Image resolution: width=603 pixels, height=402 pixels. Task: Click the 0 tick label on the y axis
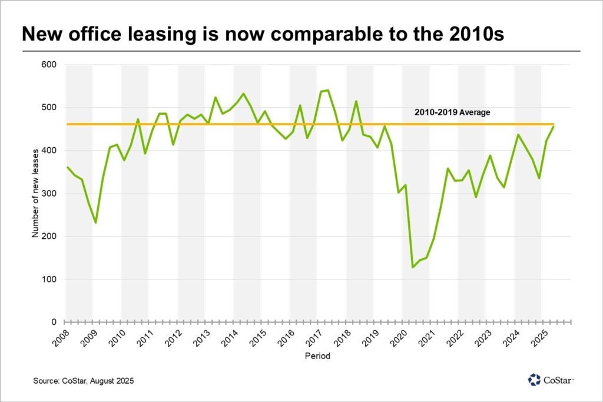click(x=53, y=323)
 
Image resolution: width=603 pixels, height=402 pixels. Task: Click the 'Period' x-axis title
click(x=317, y=356)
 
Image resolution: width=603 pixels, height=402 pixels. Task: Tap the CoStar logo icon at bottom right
click(x=534, y=380)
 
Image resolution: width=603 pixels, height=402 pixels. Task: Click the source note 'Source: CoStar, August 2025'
click(x=84, y=381)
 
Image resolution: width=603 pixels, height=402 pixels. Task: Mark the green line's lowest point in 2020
click(x=413, y=268)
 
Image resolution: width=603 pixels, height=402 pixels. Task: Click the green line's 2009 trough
click(x=96, y=223)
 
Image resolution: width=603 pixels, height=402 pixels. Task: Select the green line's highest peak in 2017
click(x=327, y=90)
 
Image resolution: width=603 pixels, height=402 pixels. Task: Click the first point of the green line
click(x=67, y=167)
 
